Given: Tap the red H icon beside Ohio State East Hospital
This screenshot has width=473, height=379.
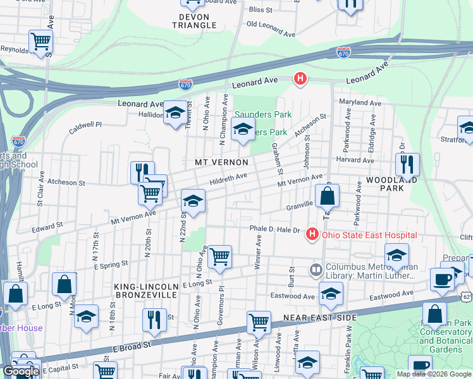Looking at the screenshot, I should pyautogui.click(x=311, y=235).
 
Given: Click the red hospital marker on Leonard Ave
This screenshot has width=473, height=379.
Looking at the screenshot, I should pyautogui.click(x=300, y=79).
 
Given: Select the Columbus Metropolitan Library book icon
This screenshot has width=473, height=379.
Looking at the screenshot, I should pyautogui.click(x=316, y=270).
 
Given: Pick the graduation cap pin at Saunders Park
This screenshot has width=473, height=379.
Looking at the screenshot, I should pyautogui.click(x=242, y=130).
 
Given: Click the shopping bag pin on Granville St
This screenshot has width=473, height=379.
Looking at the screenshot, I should pyautogui.click(x=327, y=196).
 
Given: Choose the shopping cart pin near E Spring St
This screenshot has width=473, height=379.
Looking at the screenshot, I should pyautogui.click(x=220, y=256).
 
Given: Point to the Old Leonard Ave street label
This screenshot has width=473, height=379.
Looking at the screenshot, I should pyautogui.click(x=271, y=28).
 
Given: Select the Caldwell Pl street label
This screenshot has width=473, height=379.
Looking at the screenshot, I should pyautogui.click(x=85, y=126).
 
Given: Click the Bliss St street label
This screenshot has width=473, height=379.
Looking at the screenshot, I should pyautogui.click(x=261, y=10).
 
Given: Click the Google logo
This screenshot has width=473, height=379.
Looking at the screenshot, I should pyautogui.click(x=21, y=371).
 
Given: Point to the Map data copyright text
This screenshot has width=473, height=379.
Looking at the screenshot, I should pyautogui.click(x=434, y=374).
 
